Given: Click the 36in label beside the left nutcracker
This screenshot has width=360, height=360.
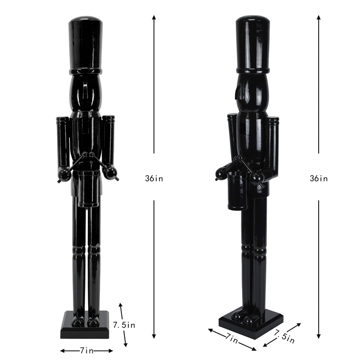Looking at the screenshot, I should [154, 178].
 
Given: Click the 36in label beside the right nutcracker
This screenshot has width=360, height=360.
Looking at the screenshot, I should [319, 178].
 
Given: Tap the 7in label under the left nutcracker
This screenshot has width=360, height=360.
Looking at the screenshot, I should [86, 351].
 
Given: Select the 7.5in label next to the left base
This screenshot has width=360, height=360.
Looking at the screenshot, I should [125, 324].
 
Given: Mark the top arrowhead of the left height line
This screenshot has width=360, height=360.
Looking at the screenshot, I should [154, 17].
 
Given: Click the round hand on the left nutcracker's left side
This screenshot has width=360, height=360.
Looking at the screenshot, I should [63, 175].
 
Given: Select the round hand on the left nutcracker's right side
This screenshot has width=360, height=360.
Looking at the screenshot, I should [110, 171].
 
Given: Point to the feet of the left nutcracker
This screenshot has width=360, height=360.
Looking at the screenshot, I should [85, 322].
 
